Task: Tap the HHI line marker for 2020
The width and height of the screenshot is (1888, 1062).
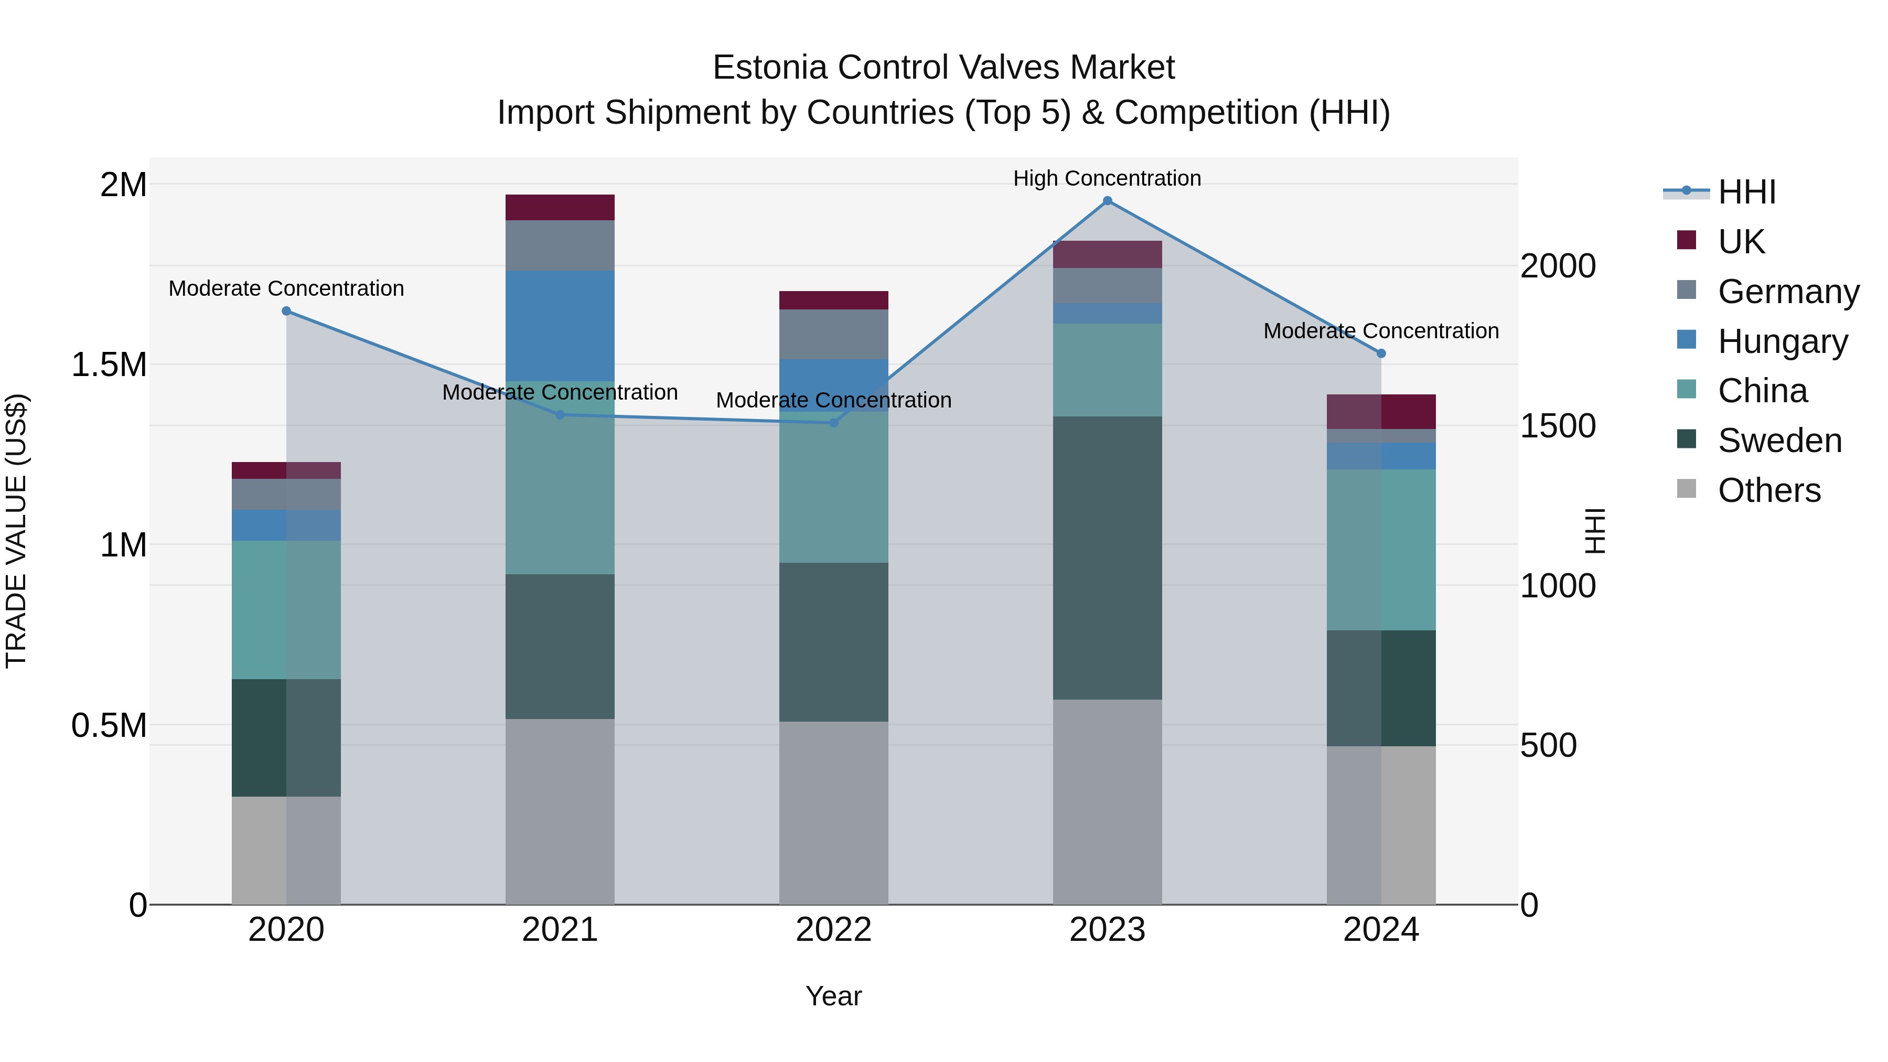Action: pos(286,311)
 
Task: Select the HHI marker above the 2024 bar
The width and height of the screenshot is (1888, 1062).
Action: pos(1381,353)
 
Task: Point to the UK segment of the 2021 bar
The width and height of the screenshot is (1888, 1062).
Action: pos(560,207)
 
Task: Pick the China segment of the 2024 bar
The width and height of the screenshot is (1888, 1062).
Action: pos(1381,550)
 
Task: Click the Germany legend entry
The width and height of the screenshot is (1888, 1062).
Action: pos(1788,292)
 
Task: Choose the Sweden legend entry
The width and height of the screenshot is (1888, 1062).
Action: pos(1779,441)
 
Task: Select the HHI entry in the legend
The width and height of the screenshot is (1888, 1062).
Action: pos(1746,192)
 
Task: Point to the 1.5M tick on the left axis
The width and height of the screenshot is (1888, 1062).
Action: pos(109,364)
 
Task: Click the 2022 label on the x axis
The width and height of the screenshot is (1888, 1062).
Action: pos(833,930)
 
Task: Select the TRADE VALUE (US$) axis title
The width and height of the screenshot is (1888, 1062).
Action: pos(16,531)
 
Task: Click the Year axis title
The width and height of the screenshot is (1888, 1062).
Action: pos(833,996)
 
